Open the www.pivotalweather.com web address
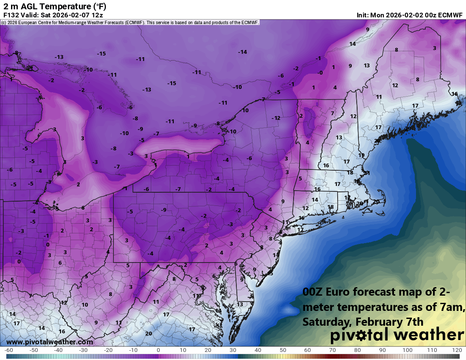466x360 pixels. pyautogui.click(x=50, y=342)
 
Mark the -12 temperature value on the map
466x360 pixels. pyautogui.click(x=276, y=118)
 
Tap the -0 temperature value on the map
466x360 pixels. pyautogui.click(x=320, y=73)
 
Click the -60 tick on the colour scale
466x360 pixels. pyautogui.click(x=8, y=351)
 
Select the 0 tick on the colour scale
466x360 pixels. pyautogui.click(x=158, y=351)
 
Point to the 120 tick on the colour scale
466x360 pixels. pyautogui.click(x=457, y=351)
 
